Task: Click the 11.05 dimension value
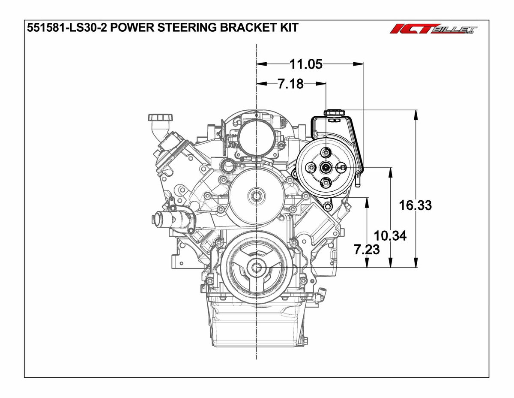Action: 306,64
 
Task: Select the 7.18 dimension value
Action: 290,84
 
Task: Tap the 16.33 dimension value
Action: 415,205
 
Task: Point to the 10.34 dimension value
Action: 390,235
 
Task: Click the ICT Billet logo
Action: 433,30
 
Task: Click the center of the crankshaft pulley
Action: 256,267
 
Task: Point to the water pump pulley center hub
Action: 256,196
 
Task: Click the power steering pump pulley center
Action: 326,168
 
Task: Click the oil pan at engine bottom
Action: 256,326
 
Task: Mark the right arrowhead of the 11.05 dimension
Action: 360,64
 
